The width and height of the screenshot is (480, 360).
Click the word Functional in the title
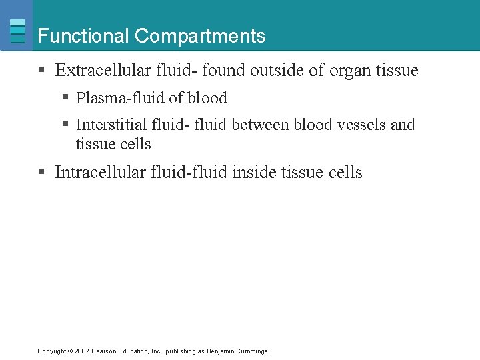coord(84,36)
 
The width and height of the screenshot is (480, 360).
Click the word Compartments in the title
coord(200,36)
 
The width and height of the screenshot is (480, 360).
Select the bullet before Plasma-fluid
coord(65,98)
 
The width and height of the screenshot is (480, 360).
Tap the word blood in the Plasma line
coord(207,98)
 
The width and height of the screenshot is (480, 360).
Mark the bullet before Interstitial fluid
coord(65,125)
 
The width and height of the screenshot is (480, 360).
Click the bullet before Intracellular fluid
coord(41,172)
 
